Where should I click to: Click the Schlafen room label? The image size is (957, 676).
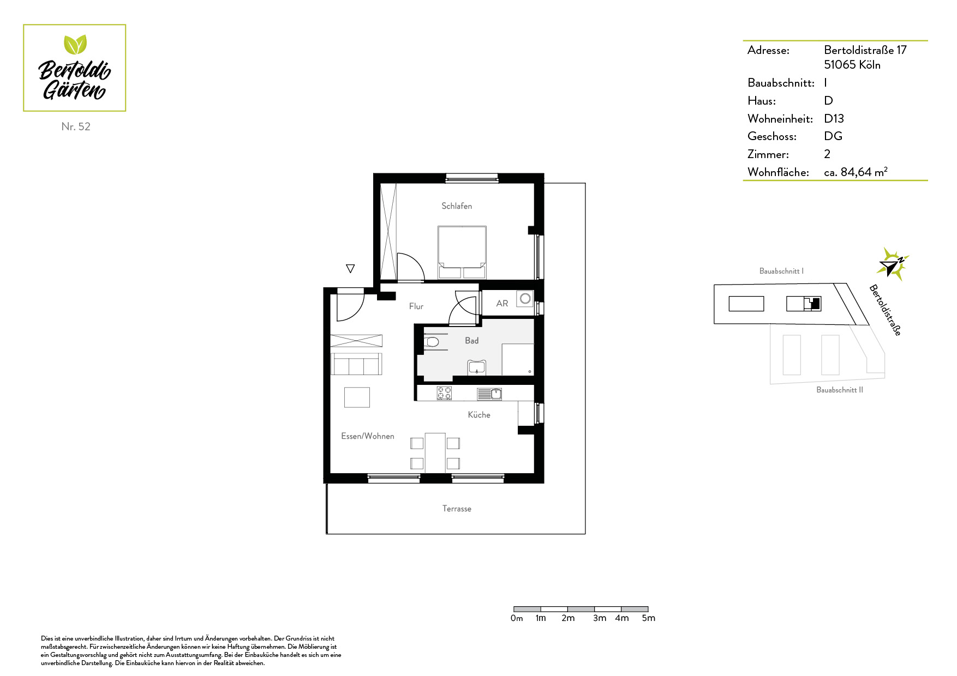tap(457, 206)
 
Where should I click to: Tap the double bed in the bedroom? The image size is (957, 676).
tap(462, 252)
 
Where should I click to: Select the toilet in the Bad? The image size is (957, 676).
tap(431, 342)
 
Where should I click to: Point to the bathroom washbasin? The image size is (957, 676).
tap(477, 367)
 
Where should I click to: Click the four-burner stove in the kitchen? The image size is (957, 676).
tap(444, 393)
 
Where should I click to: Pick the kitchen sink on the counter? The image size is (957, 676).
tap(489, 394)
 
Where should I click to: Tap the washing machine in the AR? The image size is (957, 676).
tap(525, 299)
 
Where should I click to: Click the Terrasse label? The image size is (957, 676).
tap(457, 509)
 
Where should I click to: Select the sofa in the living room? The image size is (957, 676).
tap(356, 364)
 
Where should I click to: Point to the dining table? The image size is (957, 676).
tap(435, 452)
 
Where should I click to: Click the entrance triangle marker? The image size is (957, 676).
tap(350, 268)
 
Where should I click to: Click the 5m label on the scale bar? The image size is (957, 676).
tap(649, 618)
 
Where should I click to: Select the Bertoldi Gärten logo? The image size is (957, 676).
tap(75, 68)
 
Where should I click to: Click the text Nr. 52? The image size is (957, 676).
tap(76, 126)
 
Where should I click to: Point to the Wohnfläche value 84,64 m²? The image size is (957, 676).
tap(856, 172)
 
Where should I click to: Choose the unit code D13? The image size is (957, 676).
tap(834, 118)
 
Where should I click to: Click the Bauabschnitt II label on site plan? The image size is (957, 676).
tap(840, 390)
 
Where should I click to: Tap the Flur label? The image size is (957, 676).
tap(416, 306)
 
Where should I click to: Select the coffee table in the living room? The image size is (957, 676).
tap(357, 397)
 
